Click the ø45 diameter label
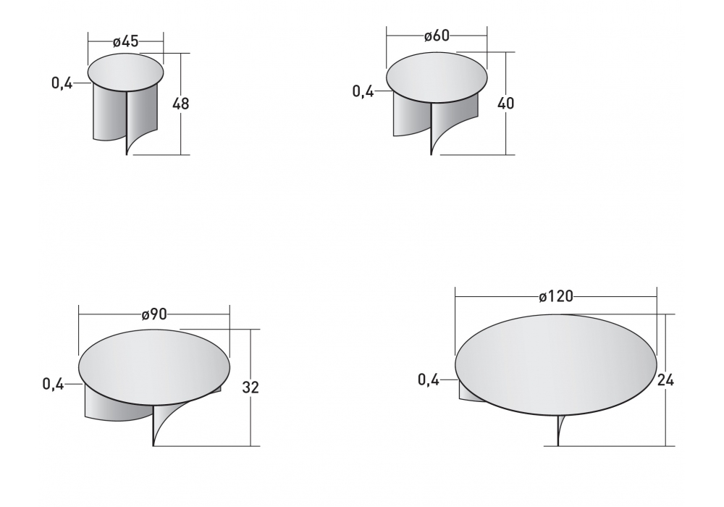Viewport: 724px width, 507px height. coord(125,41)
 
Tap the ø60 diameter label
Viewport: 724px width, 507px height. coord(437,35)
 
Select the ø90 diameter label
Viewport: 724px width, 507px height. coord(154,314)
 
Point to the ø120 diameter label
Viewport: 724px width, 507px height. coord(556,296)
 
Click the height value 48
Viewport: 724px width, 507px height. coord(180,104)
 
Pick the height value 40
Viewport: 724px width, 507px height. coord(505,104)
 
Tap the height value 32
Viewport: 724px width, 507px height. coord(251,387)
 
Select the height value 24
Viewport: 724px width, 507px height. coord(665,380)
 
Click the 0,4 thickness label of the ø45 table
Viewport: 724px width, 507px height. coord(62,83)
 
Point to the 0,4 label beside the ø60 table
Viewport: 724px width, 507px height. coord(363,91)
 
